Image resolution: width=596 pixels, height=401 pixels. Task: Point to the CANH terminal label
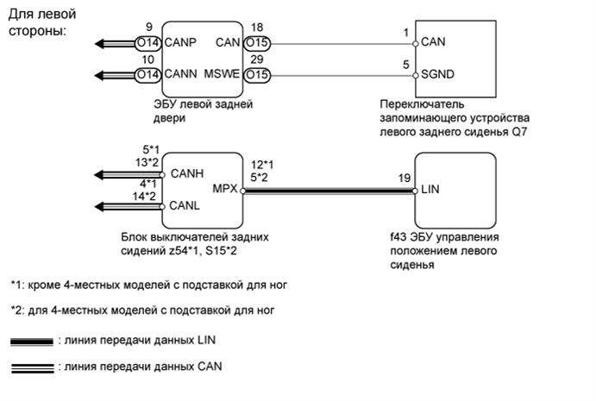187,173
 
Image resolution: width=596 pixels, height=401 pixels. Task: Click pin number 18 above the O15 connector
256,28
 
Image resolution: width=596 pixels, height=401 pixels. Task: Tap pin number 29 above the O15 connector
256,61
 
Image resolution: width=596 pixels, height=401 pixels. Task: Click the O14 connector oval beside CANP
147,41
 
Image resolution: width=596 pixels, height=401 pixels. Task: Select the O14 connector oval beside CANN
147,75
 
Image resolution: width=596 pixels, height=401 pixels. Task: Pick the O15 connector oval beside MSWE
256,75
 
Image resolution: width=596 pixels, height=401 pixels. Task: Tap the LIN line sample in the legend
30,341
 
